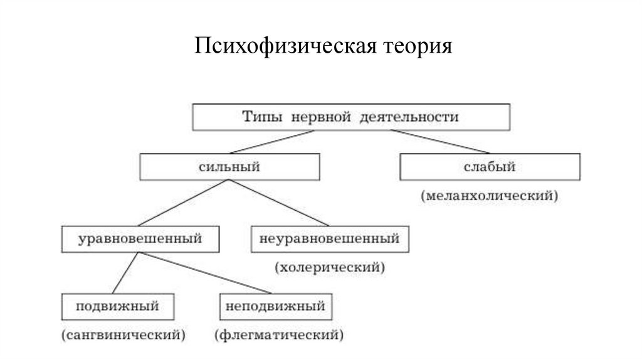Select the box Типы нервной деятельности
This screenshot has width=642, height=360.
pos(350,117)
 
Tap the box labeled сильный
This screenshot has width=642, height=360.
pos(229,167)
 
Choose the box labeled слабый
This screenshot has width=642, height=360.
pos(490,167)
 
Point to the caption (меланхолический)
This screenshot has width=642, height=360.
pos(490,196)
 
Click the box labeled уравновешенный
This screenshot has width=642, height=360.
pos(140,239)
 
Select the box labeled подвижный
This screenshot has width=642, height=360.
pos(117,307)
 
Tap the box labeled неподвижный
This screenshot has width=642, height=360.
pos(275,307)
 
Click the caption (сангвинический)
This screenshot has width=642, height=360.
pos(124,335)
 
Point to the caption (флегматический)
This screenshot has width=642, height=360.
pos(279,335)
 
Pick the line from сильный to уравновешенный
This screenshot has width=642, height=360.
pos(183,203)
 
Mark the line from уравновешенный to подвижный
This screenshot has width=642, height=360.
pos(125,273)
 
